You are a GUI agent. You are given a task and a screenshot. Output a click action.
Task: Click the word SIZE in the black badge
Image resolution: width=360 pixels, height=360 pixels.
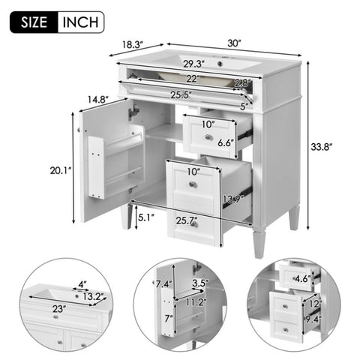click(x=34, y=22)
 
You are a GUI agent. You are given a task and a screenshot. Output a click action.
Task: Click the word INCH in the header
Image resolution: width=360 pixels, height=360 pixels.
click(x=80, y=22)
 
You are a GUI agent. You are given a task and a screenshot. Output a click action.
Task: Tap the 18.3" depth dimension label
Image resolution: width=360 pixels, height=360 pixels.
click(x=132, y=44)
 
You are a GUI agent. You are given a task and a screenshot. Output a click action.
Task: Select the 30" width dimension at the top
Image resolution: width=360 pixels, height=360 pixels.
click(x=234, y=43)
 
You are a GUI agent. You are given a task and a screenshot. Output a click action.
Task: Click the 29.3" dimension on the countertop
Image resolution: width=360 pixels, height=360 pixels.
click(x=194, y=64)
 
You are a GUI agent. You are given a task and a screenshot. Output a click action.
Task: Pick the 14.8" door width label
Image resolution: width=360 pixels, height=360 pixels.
click(x=97, y=100)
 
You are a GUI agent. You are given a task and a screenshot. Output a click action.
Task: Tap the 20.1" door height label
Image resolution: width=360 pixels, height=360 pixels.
click(x=61, y=170)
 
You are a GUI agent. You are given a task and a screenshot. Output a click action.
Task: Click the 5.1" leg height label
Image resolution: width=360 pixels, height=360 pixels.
click(x=146, y=217)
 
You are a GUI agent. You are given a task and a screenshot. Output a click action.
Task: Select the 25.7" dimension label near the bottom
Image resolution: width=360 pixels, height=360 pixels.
click(x=187, y=220)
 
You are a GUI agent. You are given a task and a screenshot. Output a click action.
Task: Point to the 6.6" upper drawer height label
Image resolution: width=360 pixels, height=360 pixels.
click(x=226, y=143)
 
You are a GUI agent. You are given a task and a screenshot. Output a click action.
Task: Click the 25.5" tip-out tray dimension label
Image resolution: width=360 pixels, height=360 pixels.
click(x=181, y=94)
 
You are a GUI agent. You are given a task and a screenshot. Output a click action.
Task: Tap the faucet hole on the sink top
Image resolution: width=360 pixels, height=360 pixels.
click(x=220, y=64)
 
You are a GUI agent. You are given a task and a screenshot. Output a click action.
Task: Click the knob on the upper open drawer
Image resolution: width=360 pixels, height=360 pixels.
click(x=208, y=137)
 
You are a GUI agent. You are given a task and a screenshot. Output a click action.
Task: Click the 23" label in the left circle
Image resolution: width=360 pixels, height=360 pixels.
click(x=58, y=309)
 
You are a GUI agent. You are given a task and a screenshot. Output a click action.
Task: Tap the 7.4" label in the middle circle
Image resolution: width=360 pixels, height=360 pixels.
click(x=164, y=284)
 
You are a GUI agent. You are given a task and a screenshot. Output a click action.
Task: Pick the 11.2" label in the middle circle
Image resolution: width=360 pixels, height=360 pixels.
click(x=196, y=302)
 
